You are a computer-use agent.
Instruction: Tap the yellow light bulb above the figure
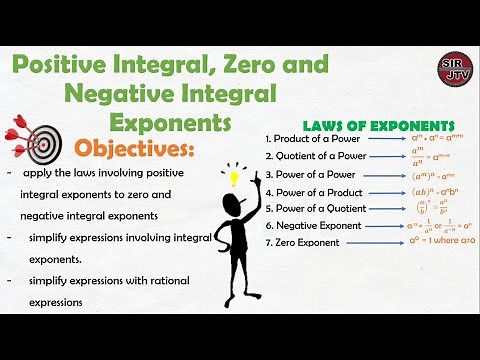point(236,179)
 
